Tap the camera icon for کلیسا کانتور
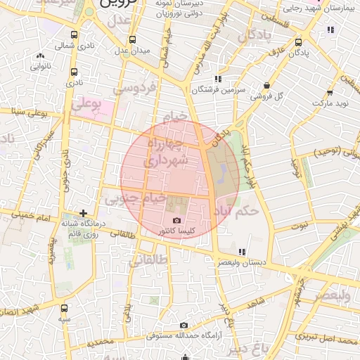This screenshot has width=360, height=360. coord(176,221)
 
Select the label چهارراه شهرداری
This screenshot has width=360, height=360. coord(166,153)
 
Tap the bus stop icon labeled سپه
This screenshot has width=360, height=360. coord(65,308)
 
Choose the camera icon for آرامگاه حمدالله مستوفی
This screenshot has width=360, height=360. coord(184,325)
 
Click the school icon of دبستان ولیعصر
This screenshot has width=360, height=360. coord(242,251)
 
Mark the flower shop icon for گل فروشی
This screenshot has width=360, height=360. coord(266,85)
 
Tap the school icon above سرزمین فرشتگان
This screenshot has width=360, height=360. coord(218,79)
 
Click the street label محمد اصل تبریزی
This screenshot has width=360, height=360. coord(326,339)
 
